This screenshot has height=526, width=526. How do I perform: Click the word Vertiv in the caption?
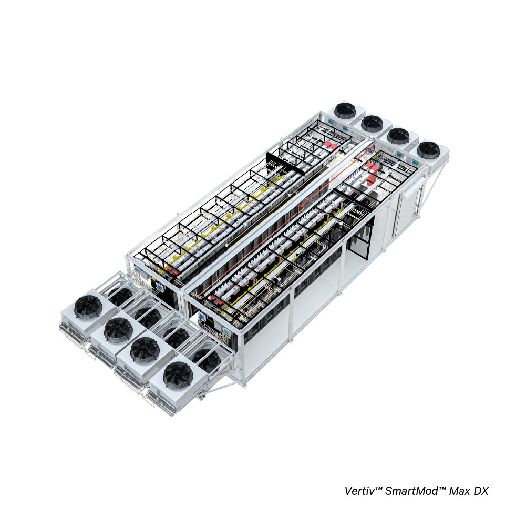(x=357, y=491)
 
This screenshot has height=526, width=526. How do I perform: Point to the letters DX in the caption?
(x=481, y=491)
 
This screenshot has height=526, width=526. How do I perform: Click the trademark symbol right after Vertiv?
(x=376, y=488)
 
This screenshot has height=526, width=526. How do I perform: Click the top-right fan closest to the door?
(x=428, y=150)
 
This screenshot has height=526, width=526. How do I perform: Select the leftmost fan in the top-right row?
(x=345, y=110)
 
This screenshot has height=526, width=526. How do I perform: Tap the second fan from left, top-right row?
(x=372, y=124)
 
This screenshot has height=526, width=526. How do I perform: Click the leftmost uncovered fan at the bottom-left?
(x=88, y=306)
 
